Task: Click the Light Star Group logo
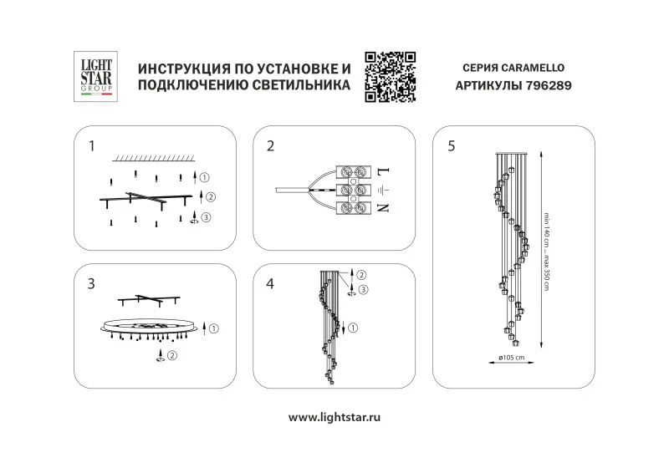(95, 77)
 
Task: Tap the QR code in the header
(390, 77)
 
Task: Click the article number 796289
(549, 86)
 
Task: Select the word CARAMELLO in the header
(533, 68)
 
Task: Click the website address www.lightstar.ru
(334, 417)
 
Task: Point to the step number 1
(92, 146)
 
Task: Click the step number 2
(270, 146)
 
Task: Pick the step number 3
(91, 284)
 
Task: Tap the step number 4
(270, 284)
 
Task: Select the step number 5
(452, 146)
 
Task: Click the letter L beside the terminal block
(384, 172)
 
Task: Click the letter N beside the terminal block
(384, 208)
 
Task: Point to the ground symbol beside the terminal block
(384, 190)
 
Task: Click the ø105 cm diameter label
(512, 358)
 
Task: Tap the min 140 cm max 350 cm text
(546, 252)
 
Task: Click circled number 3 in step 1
(206, 217)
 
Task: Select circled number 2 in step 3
(172, 355)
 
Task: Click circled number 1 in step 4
(353, 328)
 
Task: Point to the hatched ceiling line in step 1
(154, 159)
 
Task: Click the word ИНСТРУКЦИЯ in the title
(183, 69)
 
